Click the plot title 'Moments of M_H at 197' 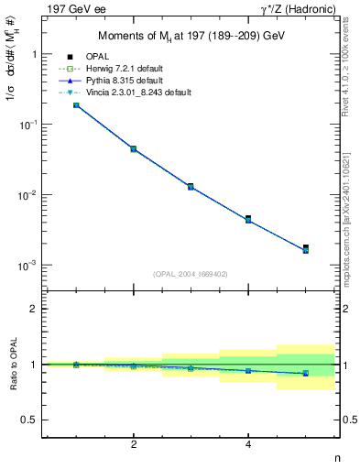pyautogui.click(x=191, y=36)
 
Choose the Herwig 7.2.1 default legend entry pyautogui.click(x=128, y=69)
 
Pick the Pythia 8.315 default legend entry pyautogui.click(x=126, y=81)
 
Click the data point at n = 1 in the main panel pyautogui.click(x=76, y=105)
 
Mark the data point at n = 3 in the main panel pyautogui.click(x=191, y=186)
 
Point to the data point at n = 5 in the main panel pyautogui.click(x=306, y=248)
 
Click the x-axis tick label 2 pyautogui.click(x=134, y=444)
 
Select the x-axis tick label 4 pyautogui.click(x=248, y=444)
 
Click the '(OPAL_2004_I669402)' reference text pyautogui.click(x=191, y=273)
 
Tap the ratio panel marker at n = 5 pyautogui.click(x=306, y=374)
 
